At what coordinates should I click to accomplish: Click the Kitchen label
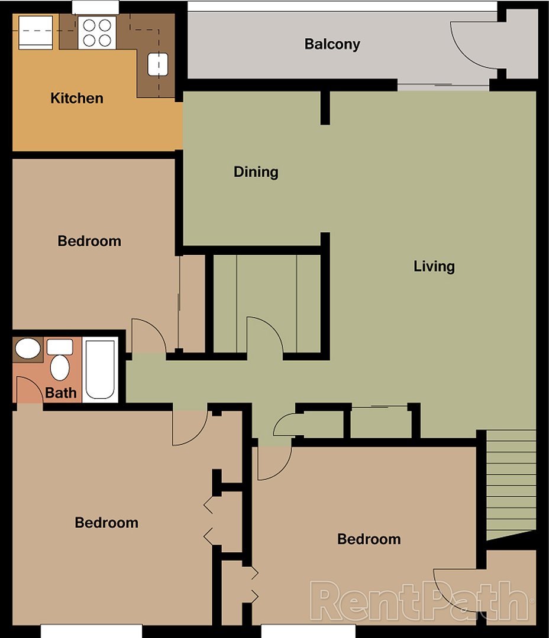(77, 98)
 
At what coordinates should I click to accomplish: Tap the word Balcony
(332, 44)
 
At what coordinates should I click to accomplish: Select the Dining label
(256, 172)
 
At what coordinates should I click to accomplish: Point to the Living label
(434, 266)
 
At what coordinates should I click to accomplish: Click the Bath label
(61, 392)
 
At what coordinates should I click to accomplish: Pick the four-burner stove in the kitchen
(97, 32)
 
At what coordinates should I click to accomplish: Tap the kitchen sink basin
(157, 64)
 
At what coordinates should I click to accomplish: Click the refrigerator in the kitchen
(36, 32)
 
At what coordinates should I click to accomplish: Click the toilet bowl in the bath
(59, 367)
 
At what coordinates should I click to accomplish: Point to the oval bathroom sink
(27, 349)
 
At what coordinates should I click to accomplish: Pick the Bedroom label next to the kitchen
(89, 241)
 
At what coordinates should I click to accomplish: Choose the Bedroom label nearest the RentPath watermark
(369, 539)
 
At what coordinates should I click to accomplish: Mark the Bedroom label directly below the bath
(106, 523)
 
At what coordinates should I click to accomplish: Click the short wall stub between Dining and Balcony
(325, 108)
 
